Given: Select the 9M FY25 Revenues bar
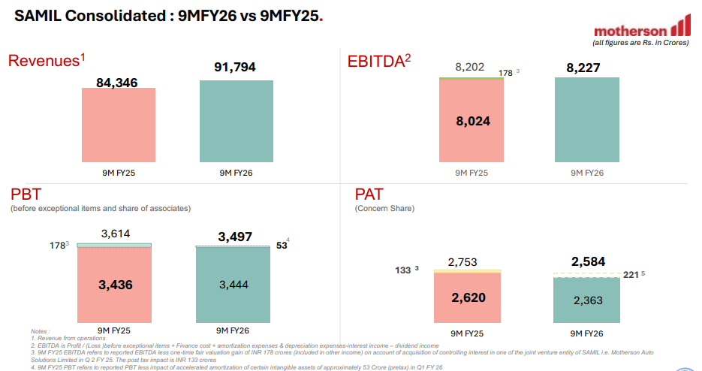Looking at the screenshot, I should [x=119, y=124].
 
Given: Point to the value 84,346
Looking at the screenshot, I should [x=116, y=82].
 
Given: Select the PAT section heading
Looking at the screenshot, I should [x=369, y=194].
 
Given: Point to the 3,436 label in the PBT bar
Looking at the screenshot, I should [x=115, y=285].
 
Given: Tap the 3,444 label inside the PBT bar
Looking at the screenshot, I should [x=233, y=285].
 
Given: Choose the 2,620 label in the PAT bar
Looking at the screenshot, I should [x=469, y=297].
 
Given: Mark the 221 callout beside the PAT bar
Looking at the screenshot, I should [x=631, y=275].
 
